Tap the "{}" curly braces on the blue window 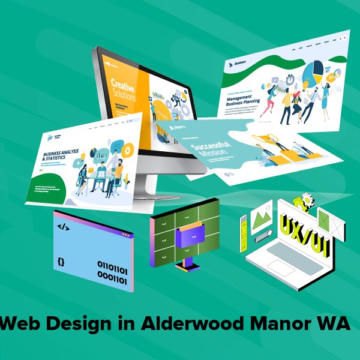[x=61, y=262]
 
